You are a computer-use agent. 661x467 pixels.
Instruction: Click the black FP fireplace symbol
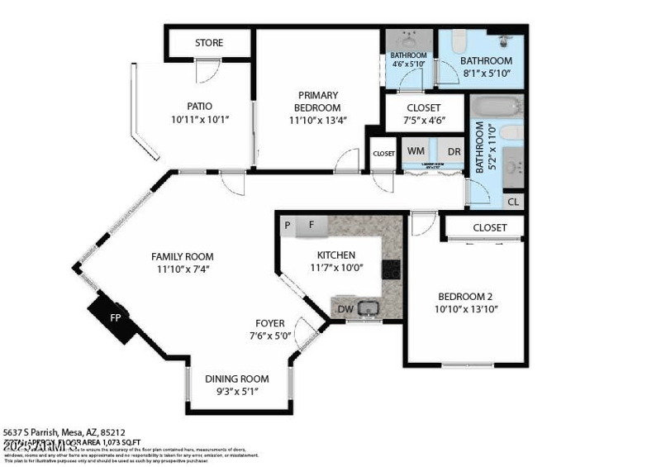point(114,317)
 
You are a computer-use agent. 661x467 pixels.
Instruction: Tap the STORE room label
point(209,43)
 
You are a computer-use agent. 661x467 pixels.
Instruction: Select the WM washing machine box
point(416,152)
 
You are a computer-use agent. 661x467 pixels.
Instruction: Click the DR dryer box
point(454,152)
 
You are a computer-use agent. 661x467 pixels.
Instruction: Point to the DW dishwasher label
point(347,309)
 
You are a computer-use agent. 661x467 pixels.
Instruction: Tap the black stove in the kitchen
point(392,269)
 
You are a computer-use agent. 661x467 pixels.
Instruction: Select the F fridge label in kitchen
point(311,224)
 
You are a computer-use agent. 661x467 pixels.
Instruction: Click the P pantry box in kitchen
point(288,224)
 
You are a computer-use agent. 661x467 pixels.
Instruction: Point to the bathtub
point(495,107)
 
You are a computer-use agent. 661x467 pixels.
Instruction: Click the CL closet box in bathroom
point(513,202)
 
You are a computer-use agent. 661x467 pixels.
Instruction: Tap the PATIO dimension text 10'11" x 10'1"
point(199,120)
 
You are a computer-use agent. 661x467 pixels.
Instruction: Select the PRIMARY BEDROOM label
point(318,102)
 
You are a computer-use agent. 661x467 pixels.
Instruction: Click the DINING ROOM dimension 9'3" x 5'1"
point(237,392)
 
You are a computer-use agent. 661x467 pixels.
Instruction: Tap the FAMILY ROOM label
point(182,256)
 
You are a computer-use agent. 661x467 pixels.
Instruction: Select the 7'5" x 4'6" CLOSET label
point(424,108)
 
